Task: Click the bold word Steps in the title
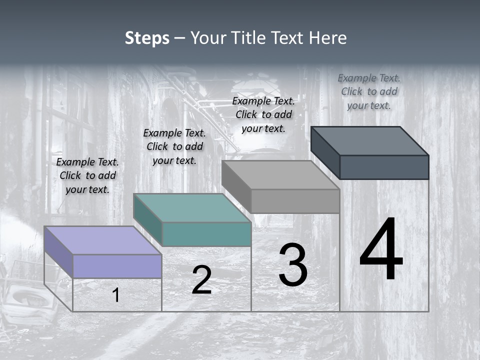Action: [147, 38]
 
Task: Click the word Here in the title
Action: [327, 38]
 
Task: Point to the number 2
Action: [201, 280]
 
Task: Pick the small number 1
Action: [116, 295]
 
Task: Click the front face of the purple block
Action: [117, 266]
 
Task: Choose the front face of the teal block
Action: [206, 234]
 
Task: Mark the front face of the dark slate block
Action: [384, 167]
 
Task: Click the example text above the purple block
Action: [87, 175]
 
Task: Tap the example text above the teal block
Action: [174, 146]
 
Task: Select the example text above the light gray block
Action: [263, 114]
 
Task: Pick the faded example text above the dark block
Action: [369, 91]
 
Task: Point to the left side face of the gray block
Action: [236, 186]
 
